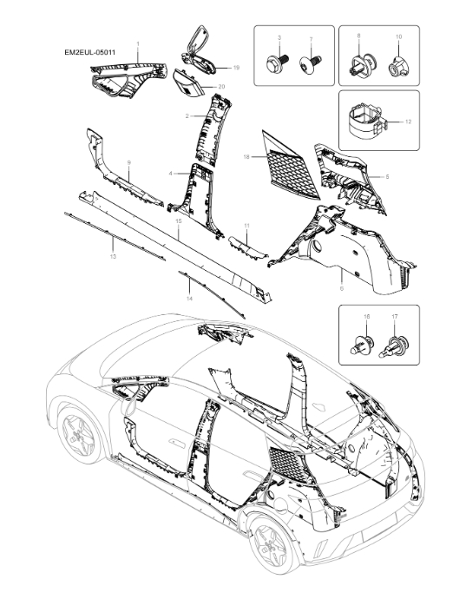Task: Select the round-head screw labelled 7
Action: pos(309,63)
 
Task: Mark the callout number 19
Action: pos(235,67)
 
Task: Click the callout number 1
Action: pos(137,43)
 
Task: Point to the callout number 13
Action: pos(112,258)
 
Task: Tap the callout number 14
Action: pos(188,298)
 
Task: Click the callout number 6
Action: pos(340,287)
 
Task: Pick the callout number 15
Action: pos(177,222)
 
